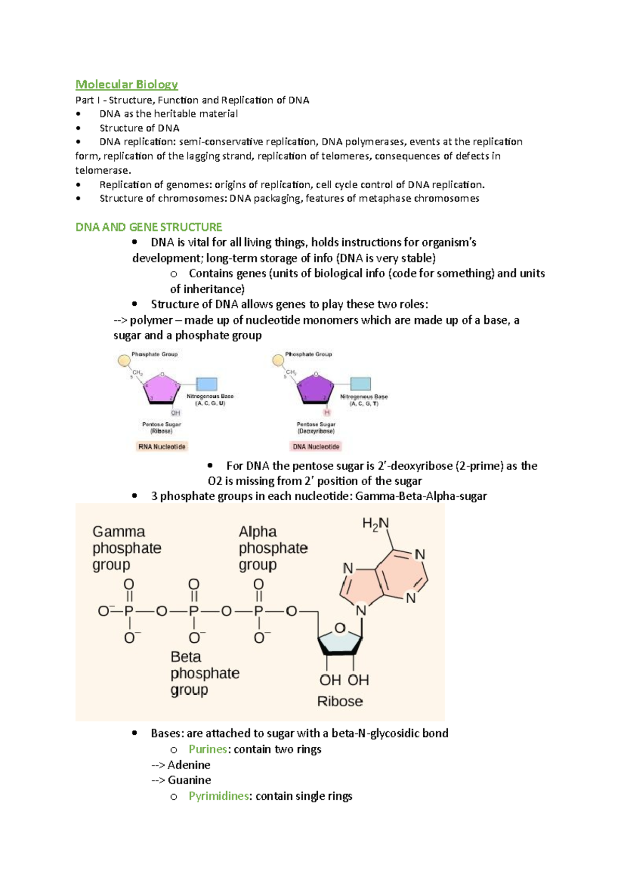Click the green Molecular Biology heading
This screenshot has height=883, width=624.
click(x=126, y=84)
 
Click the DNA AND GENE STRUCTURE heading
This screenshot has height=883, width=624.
click(x=149, y=227)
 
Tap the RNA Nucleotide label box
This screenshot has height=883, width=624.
click(x=162, y=447)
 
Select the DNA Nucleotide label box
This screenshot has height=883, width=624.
click(x=316, y=447)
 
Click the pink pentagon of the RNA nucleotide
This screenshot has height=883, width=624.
click(x=162, y=388)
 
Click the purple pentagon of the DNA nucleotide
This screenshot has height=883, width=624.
click(x=315, y=388)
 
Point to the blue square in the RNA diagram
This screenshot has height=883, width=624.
click(x=206, y=384)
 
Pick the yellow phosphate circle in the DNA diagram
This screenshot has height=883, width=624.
click(x=278, y=360)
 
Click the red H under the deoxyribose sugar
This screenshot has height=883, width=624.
click(x=327, y=413)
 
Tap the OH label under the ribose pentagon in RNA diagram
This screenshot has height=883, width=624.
click(x=176, y=413)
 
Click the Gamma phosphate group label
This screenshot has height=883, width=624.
click(x=126, y=548)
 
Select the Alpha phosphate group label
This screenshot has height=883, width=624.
click(x=273, y=548)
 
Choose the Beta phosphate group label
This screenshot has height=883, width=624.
click(x=204, y=673)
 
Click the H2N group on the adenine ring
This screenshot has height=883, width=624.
click(x=375, y=524)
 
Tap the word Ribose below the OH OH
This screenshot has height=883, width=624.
click(x=340, y=702)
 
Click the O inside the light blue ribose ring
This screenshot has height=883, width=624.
click(x=340, y=628)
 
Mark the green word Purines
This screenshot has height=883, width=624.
click(x=207, y=749)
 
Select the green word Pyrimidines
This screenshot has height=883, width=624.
click(x=218, y=796)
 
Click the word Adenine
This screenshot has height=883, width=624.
click(x=189, y=765)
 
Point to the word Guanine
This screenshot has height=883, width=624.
click(x=189, y=780)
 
